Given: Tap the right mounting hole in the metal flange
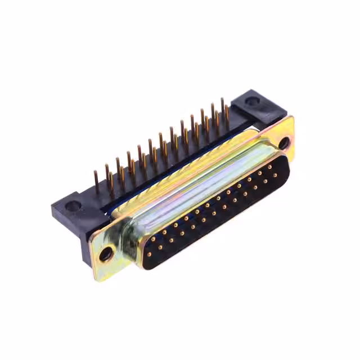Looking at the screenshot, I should (283, 143).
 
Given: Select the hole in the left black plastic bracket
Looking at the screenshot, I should (73, 206).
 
